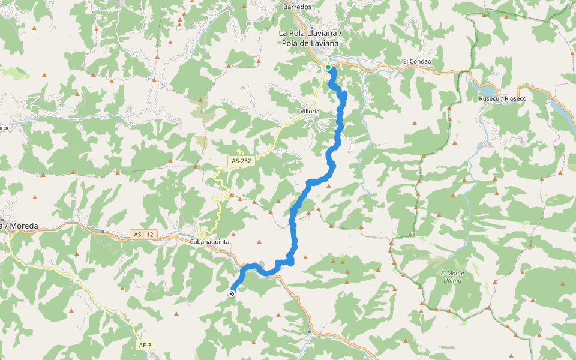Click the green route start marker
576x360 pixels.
point(328,67)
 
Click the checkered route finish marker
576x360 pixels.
point(232,293)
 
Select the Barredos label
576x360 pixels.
point(298,7)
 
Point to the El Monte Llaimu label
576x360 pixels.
point(452,277)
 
